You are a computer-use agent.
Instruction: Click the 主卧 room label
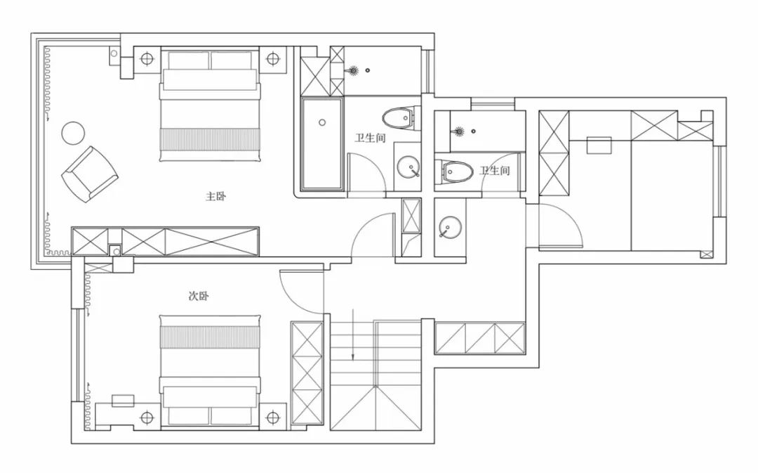[215, 196]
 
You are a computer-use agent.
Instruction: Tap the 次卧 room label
[198, 296]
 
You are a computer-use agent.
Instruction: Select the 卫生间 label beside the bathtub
[371, 138]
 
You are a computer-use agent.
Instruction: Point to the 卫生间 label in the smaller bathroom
[495, 170]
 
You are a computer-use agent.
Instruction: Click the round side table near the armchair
[73, 133]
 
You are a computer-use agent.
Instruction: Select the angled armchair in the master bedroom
[90, 174]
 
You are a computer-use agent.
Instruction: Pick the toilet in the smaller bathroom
[457, 171]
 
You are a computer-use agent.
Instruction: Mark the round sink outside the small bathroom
[450, 226]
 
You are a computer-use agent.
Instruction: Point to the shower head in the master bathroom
[353, 71]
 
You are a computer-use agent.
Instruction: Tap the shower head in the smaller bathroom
[460, 131]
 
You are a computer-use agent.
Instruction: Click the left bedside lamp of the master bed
[147, 59]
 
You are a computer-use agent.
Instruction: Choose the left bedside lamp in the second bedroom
[147, 417]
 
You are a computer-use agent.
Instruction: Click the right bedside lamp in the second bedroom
[273, 417]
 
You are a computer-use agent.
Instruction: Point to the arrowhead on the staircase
[353, 358]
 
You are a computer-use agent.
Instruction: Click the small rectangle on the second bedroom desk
[123, 401]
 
